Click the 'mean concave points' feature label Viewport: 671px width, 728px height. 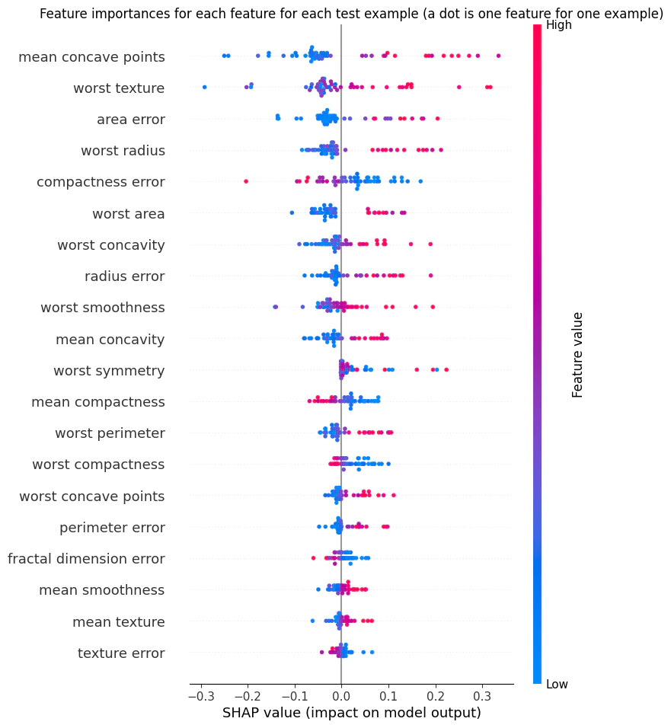click(91, 57)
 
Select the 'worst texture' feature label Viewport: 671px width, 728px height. click(119, 88)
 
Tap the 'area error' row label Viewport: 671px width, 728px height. click(131, 120)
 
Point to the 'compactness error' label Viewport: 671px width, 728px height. click(101, 182)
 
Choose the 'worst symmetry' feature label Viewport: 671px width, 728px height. click(109, 371)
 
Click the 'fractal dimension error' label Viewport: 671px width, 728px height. click(86, 559)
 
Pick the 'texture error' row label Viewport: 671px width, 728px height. click(121, 653)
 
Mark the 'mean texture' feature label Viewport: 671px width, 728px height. click(119, 622)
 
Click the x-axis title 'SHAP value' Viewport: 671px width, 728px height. click(351, 714)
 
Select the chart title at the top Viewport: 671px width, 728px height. click(351, 14)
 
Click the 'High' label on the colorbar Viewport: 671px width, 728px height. click(558, 25)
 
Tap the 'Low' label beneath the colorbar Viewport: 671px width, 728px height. click(557, 685)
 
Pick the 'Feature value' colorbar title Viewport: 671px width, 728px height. click(578, 354)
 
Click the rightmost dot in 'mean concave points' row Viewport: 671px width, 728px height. click(498, 56)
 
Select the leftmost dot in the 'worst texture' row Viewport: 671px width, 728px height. click(205, 88)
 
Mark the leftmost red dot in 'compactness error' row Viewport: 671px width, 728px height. click(245, 181)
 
